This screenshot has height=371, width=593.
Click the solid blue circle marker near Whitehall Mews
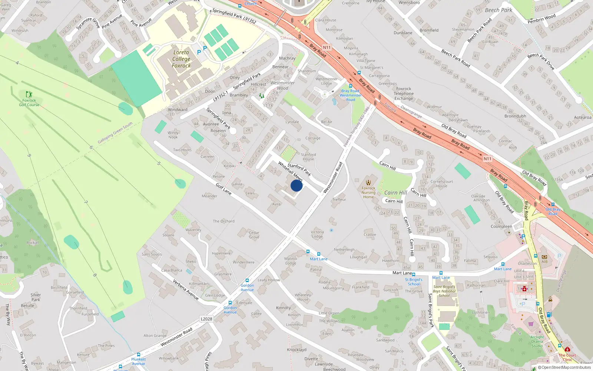pos(296,185)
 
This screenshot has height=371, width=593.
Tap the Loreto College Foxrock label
pos(181,59)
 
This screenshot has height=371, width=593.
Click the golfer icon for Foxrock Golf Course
pos(29,94)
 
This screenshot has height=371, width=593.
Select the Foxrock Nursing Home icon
pos(368,182)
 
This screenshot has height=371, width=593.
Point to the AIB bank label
pos(544,261)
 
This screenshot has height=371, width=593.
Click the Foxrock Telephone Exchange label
pos(404,93)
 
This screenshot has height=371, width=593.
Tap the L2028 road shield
pos(206,319)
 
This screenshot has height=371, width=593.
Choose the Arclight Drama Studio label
pos(537,341)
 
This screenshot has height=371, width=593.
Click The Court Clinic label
pos(567,357)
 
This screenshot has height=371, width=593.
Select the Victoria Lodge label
pos(317,234)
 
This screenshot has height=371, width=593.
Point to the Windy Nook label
pos(173,135)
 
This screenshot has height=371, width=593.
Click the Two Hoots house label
pos(182,150)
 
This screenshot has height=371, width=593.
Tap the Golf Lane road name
pos(223,189)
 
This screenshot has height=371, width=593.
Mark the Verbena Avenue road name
pos(186,289)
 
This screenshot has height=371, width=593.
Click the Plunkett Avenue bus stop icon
pos(139,355)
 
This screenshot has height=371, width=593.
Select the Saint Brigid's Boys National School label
pos(444,291)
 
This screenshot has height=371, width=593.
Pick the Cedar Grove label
pos(254,235)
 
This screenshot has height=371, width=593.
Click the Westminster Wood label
pos(282,85)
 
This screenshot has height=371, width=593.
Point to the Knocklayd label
pos(296,349)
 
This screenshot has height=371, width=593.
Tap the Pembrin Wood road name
pos(541,19)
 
